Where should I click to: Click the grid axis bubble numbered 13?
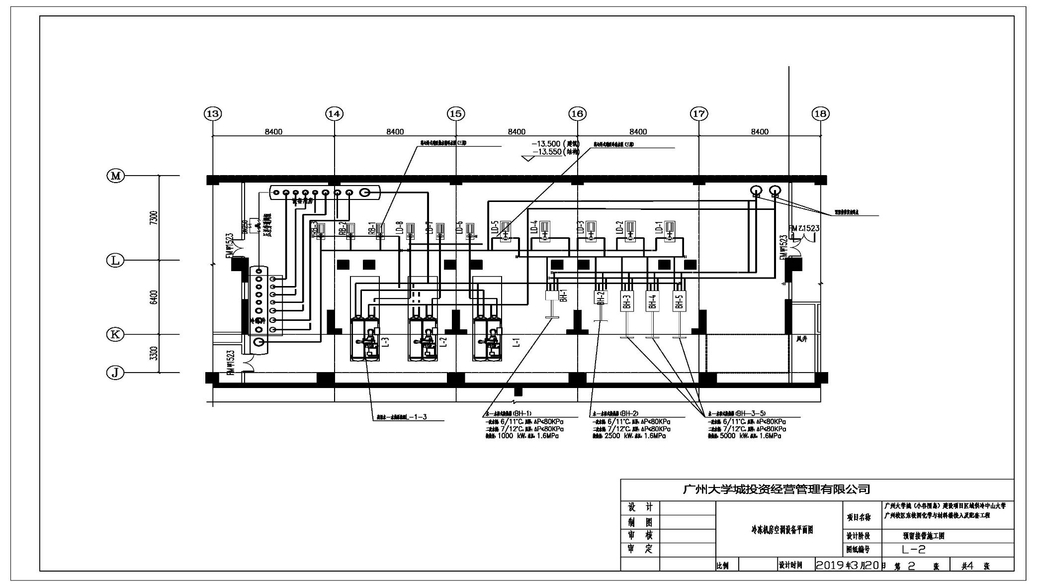tap(213, 114)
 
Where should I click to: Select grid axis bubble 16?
tap(577, 114)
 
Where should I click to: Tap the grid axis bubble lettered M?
tap(116, 176)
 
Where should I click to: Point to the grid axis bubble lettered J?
tap(115, 373)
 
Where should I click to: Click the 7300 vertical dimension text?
tap(154, 218)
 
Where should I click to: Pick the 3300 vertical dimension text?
tap(154, 354)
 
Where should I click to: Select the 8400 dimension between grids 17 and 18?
tap(759, 132)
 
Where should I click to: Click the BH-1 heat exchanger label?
tap(564, 295)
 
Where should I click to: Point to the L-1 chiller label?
tap(517, 342)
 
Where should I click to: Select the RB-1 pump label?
tap(371, 228)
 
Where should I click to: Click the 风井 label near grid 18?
tap(801, 339)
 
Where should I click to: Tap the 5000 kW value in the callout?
tap(726, 436)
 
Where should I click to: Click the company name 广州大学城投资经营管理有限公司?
tap(776, 489)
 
